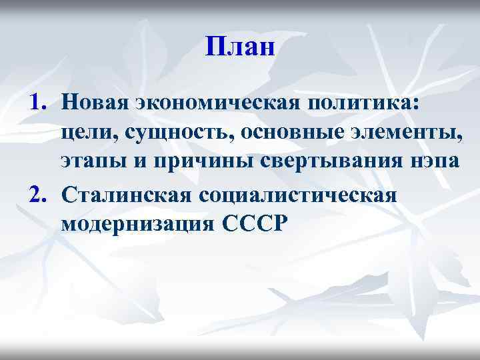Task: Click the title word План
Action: tap(240, 47)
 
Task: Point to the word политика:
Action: tap(360, 102)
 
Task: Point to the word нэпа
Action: tap(430, 165)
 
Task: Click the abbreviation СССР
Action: tap(250, 225)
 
